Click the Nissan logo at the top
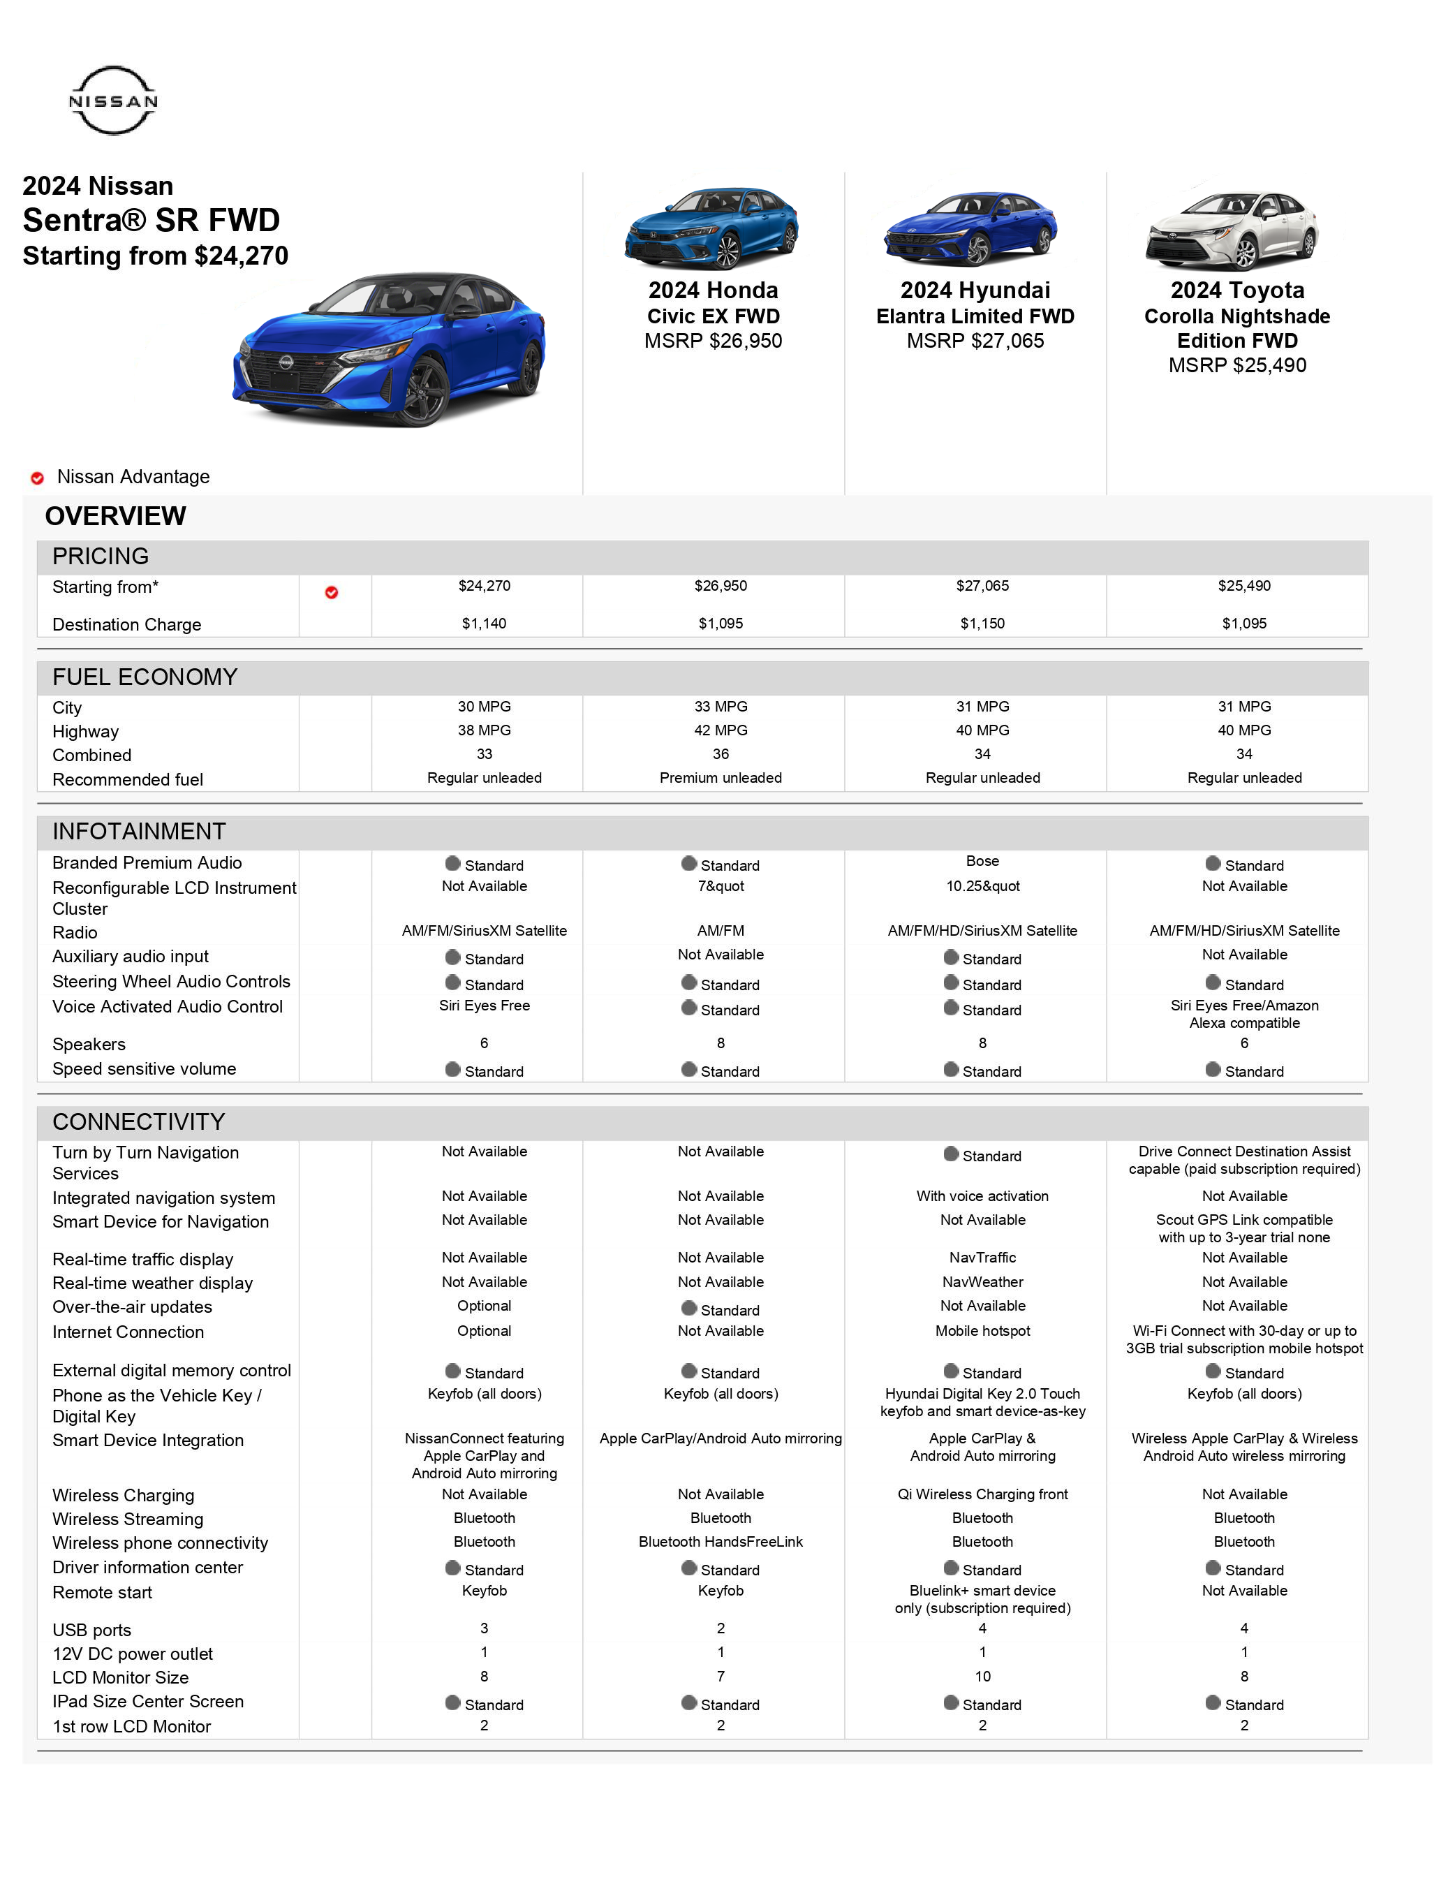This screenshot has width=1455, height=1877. [112, 101]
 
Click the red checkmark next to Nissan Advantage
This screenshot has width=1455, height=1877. [38, 478]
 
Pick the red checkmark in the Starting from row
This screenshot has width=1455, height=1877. [331, 592]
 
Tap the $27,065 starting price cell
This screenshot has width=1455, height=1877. [982, 586]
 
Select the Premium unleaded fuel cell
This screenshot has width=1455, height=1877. [721, 778]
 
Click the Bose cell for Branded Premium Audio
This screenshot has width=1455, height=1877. [982, 861]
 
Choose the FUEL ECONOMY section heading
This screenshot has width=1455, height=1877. [145, 677]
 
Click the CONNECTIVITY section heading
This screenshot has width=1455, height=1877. [138, 1121]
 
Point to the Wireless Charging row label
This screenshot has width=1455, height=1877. [123, 1496]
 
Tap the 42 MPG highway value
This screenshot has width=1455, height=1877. [721, 730]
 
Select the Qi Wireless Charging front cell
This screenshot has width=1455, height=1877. [982, 1494]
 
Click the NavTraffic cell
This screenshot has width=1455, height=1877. [982, 1258]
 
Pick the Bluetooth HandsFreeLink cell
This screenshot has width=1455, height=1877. [721, 1542]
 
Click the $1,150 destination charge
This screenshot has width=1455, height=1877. [982, 624]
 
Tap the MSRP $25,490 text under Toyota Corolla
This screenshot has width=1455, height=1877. [1236, 365]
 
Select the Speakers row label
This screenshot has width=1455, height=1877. [89, 1044]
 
